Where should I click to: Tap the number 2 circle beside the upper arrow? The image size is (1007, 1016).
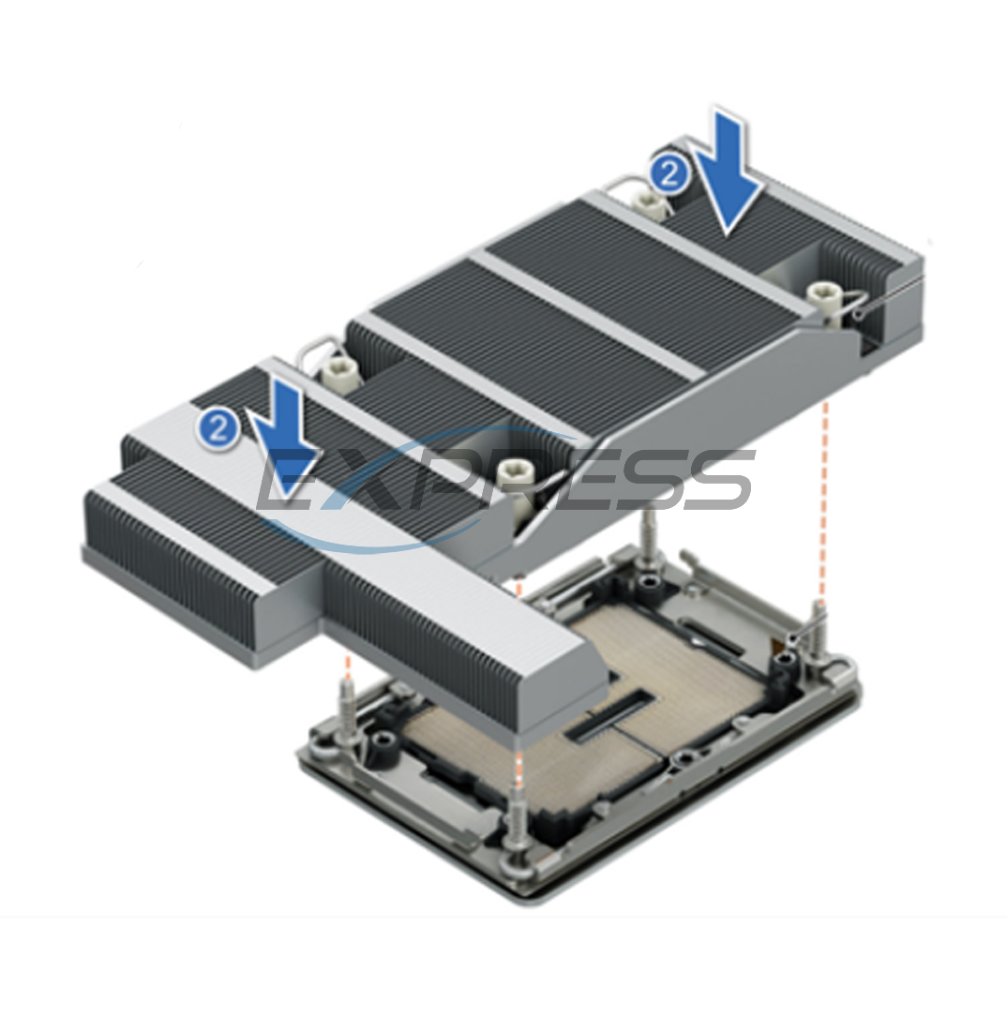click(x=667, y=174)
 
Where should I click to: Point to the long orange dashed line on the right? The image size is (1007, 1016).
click(x=824, y=497)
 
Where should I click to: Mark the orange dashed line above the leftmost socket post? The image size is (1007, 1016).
click(x=348, y=667)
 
